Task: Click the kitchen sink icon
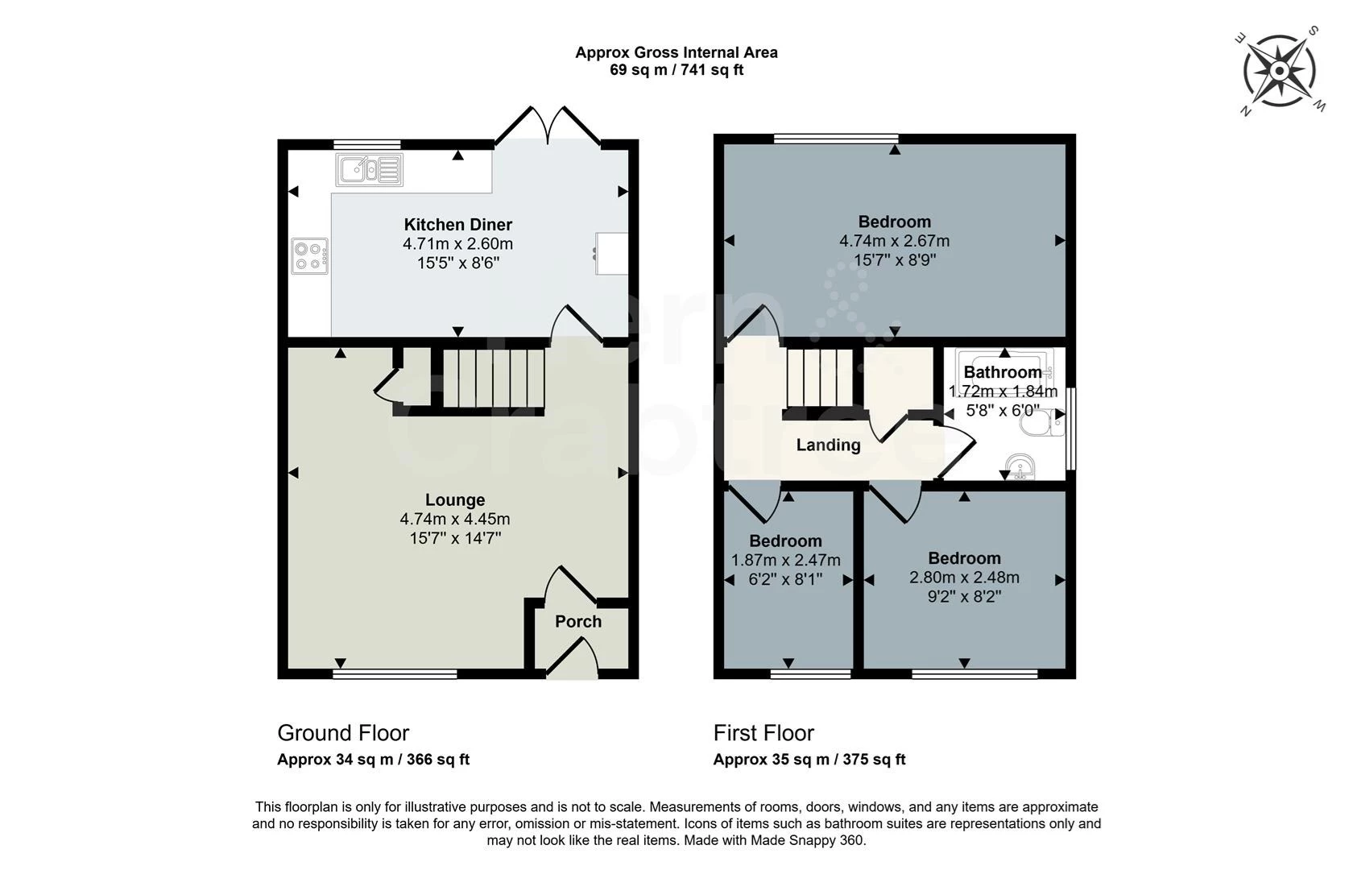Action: click(369, 169)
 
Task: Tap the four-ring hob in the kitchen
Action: click(310, 256)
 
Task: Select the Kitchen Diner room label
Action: click(457, 225)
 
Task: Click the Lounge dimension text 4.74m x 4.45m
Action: click(455, 519)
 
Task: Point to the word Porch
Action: click(578, 622)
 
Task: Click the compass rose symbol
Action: click(1279, 71)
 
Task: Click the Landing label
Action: click(828, 445)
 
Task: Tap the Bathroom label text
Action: click(1003, 372)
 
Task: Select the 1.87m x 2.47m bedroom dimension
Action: click(786, 560)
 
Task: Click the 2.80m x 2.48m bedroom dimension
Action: click(965, 578)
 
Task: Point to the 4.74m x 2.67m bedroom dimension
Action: click(895, 241)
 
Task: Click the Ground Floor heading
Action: click(343, 733)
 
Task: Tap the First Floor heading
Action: click(763, 733)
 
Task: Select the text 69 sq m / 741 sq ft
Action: click(676, 70)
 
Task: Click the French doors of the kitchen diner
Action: click(548, 126)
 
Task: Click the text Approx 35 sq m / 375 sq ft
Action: click(809, 760)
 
